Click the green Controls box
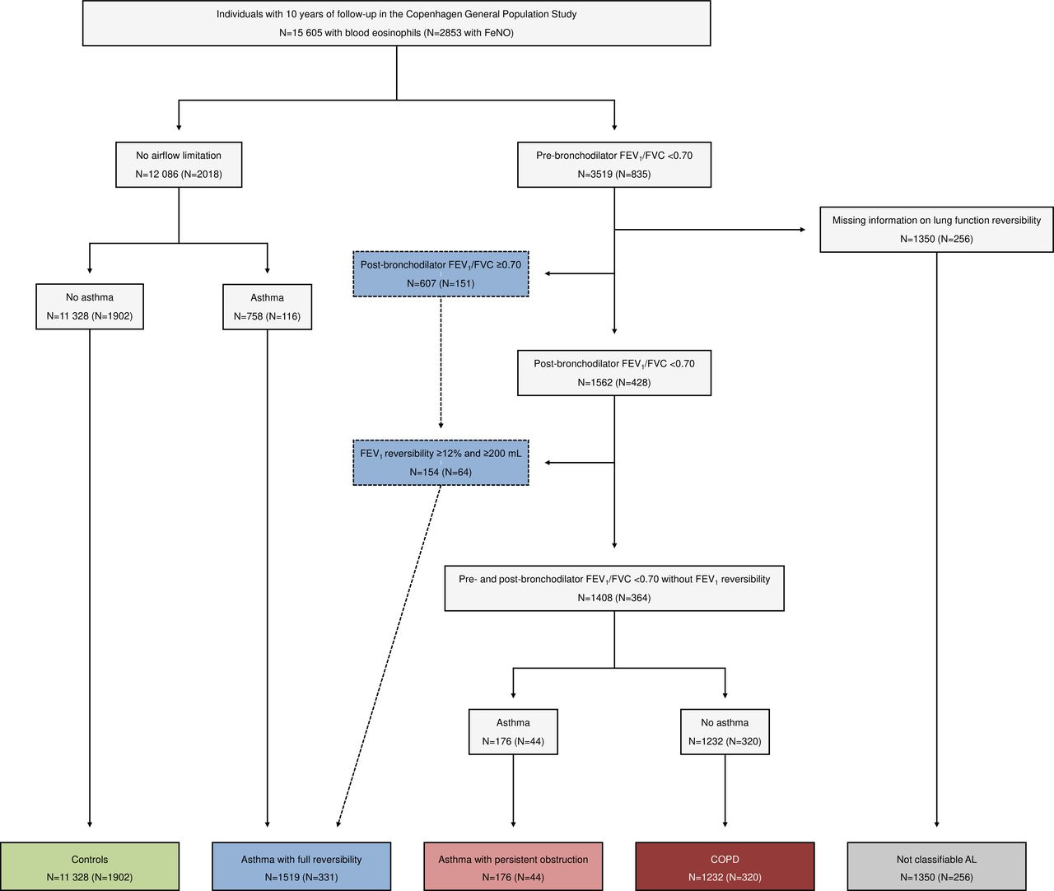tap(90, 867)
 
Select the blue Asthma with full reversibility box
tap(301, 867)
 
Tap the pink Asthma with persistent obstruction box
tap(513, 867)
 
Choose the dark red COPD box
tap(725, 867)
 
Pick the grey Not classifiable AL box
tap(936, 867)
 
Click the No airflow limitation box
tap(179, 165)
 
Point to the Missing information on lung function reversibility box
tap(936, 230)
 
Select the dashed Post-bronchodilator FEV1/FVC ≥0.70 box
tap(441, 274)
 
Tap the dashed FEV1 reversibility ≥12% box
tap(441, 463)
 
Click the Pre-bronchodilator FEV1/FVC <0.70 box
tap(614, 165)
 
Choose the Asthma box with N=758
tap(267, 306)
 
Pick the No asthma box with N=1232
tap(725, 732)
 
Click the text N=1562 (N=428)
tap(614, 383)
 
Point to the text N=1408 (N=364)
tap(614, 598)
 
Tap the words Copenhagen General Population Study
tap(491, 14)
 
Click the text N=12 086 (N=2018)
tap(179, 175)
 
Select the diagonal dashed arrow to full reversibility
tap(389, 655)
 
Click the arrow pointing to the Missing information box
tap(710, 230)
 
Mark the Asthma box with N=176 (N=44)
tap(513, 732)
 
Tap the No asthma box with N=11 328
tap(90, 306)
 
